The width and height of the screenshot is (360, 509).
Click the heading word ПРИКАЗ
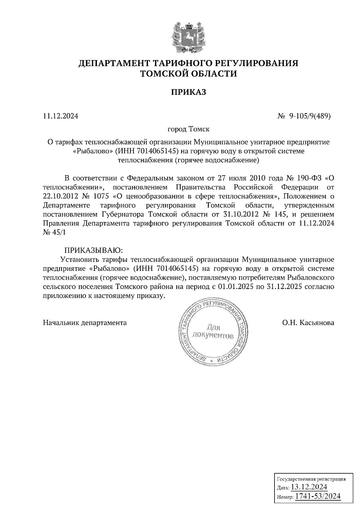(x=188, y=92)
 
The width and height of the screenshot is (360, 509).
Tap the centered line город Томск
(x=188, y=129)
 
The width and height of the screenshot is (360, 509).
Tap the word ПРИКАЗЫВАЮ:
(x=94, y=250)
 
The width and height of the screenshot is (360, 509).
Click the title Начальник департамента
(x=85, y=323)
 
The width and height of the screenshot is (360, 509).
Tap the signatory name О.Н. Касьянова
(x=308, y=323)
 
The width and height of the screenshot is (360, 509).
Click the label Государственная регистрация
(x=311, y=479)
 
